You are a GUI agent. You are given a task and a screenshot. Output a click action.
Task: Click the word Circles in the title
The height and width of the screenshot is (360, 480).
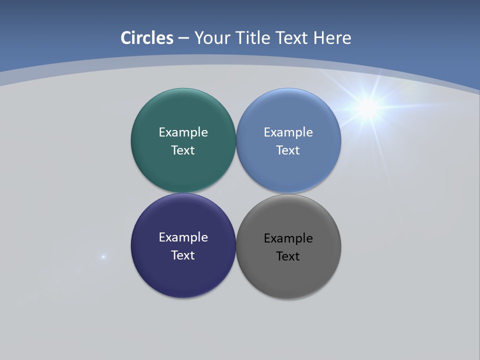[147, 38]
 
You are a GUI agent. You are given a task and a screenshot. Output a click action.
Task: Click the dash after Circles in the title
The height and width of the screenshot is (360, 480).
[183, 38]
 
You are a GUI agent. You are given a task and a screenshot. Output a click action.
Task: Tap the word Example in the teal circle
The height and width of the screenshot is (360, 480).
[183, 132]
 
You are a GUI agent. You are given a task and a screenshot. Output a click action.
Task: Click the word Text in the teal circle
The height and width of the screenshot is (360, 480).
[183, 150]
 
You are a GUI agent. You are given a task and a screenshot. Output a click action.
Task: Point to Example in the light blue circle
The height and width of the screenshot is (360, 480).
[288, 132]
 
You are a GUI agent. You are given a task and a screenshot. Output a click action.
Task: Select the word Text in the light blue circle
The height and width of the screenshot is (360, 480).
[288, 150]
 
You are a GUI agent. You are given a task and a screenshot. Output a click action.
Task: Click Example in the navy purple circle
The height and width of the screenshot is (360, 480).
[183, 237]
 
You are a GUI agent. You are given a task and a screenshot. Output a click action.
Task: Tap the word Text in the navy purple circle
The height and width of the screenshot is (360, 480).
[183, 255]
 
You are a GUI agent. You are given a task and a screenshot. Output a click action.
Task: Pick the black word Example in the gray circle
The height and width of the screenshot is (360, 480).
[288, 238]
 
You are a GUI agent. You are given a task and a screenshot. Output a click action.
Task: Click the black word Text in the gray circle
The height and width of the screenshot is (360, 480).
[288, 256]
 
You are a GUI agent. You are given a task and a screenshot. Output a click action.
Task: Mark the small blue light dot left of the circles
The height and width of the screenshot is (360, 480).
[103, 257]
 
